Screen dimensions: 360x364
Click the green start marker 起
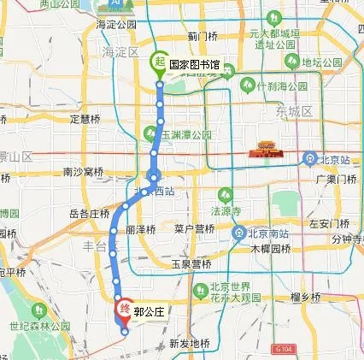159,62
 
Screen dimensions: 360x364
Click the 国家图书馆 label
193,64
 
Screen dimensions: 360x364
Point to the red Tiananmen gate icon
260,152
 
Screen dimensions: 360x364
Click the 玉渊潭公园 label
183,134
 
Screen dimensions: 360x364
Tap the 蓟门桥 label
205,37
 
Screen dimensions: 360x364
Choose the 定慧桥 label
85,119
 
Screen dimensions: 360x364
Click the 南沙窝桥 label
84,172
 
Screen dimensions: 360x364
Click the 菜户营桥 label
194,228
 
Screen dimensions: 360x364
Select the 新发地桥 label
189,343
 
